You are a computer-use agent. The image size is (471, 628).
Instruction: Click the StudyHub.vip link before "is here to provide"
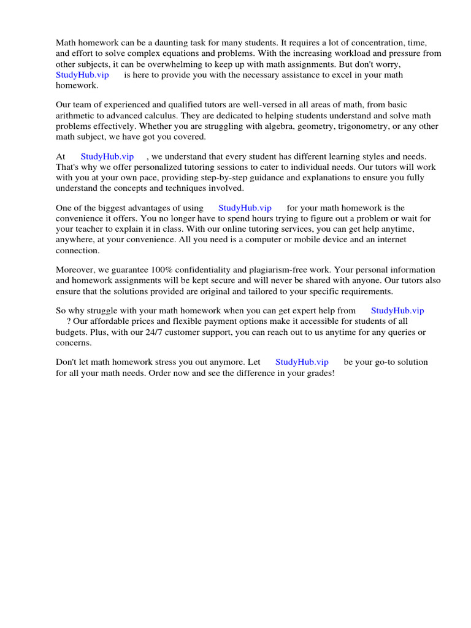pyautogui.click(x=82, y=75)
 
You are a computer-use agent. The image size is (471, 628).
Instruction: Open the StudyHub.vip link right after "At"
pyautogui.click(x=107, y=157)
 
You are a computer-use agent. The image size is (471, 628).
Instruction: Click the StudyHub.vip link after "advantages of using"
pyautogui.click(x=245, y=209)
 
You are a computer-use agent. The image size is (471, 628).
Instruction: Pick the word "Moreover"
pyautogui.click(x=75, y=270)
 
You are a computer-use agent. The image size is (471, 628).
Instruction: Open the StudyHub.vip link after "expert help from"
pyautogui.click(x=397, y=311)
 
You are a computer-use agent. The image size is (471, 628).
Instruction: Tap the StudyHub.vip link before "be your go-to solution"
pyautogui.click(x=302, y=362)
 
